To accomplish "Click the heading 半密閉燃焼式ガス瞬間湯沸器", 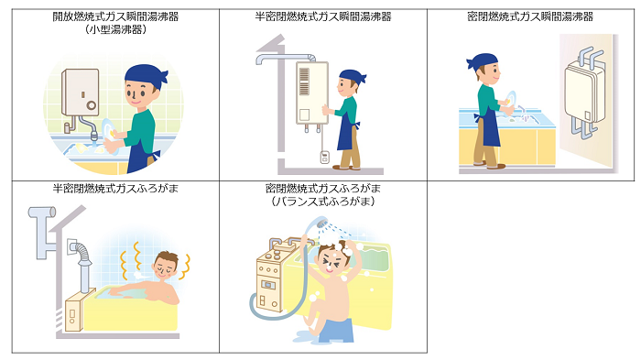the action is [x=323, y=16].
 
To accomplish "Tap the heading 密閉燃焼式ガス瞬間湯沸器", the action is [x=530, y=16].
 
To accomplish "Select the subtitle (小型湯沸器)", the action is [x=115, y=29].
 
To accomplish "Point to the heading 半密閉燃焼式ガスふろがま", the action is [x=115, y=189].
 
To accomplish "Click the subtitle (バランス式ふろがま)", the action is [x=323, y=202].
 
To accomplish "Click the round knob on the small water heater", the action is [x=92, y=105].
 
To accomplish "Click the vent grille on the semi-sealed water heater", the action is [x=304, y=82].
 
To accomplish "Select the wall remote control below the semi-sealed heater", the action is [x=324, y=157].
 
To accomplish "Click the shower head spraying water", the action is [x=320, y=223].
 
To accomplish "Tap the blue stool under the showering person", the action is [x=336, y=330].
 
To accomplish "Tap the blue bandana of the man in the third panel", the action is [x=483, y=61].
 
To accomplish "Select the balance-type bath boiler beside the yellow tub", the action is [x=271, y=278].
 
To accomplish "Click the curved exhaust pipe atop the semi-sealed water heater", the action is [x=286, y=59].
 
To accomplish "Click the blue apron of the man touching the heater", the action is [x=347, y=132].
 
